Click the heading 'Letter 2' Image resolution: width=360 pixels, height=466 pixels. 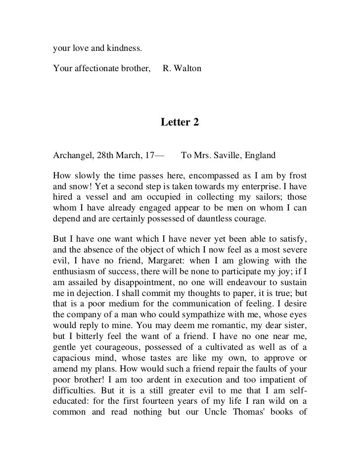click(x=180, y=122)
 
